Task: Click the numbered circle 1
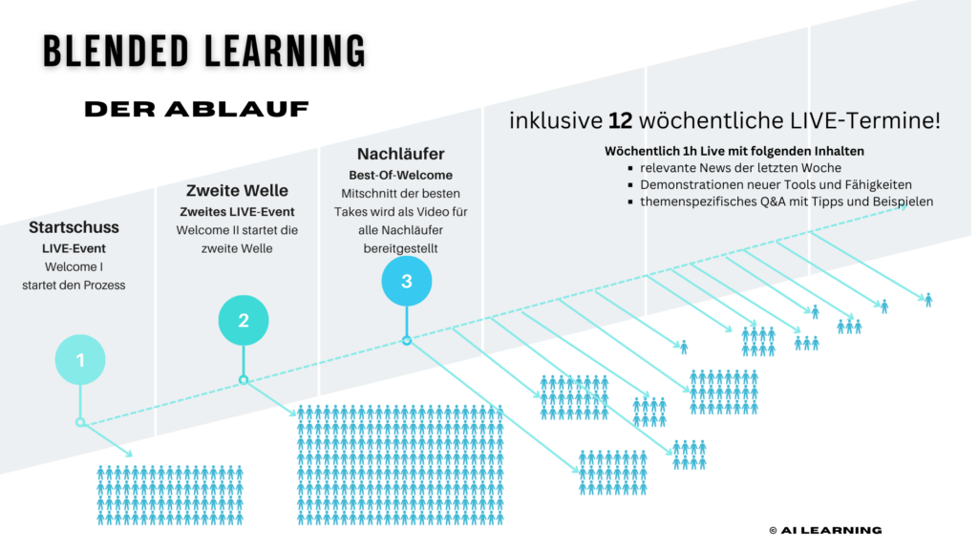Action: [80, 360]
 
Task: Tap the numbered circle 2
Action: [244, 321]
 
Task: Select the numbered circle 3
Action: [407, 281]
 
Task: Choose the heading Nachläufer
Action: [400, 154]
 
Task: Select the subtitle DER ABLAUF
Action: [197, 109]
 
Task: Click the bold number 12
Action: [619, 121]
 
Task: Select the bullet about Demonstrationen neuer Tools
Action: [776, 184]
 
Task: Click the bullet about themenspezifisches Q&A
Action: [786, 201]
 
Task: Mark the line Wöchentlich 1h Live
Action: [734, 151]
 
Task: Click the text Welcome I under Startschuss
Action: [73, 267]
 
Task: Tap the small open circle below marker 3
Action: [407, 340]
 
